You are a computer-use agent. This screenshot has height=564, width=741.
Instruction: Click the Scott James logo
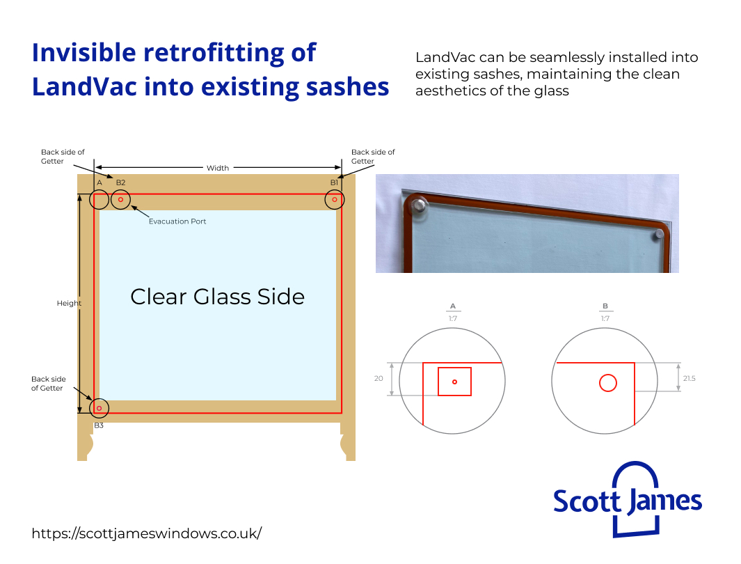point(627,499)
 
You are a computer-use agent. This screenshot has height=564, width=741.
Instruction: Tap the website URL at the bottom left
point(147,533)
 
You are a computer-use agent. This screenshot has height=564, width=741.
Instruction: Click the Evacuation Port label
point(177,221)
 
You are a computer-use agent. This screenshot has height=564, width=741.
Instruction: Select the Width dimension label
point(218,168)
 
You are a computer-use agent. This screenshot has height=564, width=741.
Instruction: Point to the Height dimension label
point(69,304)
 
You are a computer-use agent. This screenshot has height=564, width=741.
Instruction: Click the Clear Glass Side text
point(218,297)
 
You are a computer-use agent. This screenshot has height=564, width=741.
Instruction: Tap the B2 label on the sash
point(121,182)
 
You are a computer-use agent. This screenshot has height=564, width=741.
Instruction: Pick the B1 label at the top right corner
point(335,182)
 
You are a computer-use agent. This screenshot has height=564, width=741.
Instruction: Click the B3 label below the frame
point(99,425)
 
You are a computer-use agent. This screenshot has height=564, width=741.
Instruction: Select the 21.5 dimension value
point(689,378)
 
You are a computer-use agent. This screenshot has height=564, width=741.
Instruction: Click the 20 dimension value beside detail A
point(379,379)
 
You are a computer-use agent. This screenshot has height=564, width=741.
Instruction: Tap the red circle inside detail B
point(607,383)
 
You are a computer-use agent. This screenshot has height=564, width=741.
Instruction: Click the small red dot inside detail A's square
point(454,382)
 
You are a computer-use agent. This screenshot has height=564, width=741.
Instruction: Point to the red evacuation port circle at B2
point(120,200)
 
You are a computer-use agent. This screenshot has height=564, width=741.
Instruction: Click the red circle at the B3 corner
point(99,408)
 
